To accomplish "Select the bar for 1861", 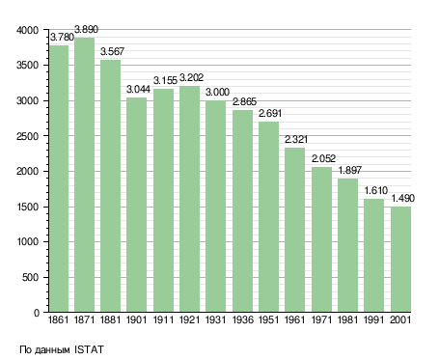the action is pyautogui.click(x=59, y=179).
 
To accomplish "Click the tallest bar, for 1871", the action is pyautogui.click(x=85, y=175).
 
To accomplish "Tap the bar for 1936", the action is pyautogui.click(x=242, y=211).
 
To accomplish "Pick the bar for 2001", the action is pyautogui.click(x=400, y=260).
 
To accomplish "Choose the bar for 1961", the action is pyautogui.click(x=295, y=230).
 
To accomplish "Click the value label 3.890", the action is pyautogui.click(x=86, y=30).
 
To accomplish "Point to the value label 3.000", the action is pyautogui.click(x=217, y=93).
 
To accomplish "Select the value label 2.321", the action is pyautogui.click(x=296, y=139).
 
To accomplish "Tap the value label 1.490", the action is pyautogui.click(x=402, y=198).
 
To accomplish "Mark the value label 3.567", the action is pyautogui.click(x=112, y=51).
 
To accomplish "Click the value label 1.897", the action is pyautogui.click(x=350, y=170).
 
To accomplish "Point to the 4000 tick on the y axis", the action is pyautogui.click(x=27, y=30).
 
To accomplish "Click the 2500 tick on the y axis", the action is pyautogui.click(x=27, y=136).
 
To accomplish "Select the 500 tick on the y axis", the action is pyautogui.click(x=30, y=277).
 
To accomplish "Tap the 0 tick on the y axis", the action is pyautogui.click(x=37, y=313).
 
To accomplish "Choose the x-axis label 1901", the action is pyautogui.click(x=136, y=320).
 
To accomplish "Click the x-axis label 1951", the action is pyautogui.click(x=268, y=320).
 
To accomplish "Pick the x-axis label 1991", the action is pyautogui.click(x=374, y=320).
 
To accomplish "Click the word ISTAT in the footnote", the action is pyautogui.click(x=89, y=349).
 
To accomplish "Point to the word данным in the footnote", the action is pyautogui.click(x=51, y=350).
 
